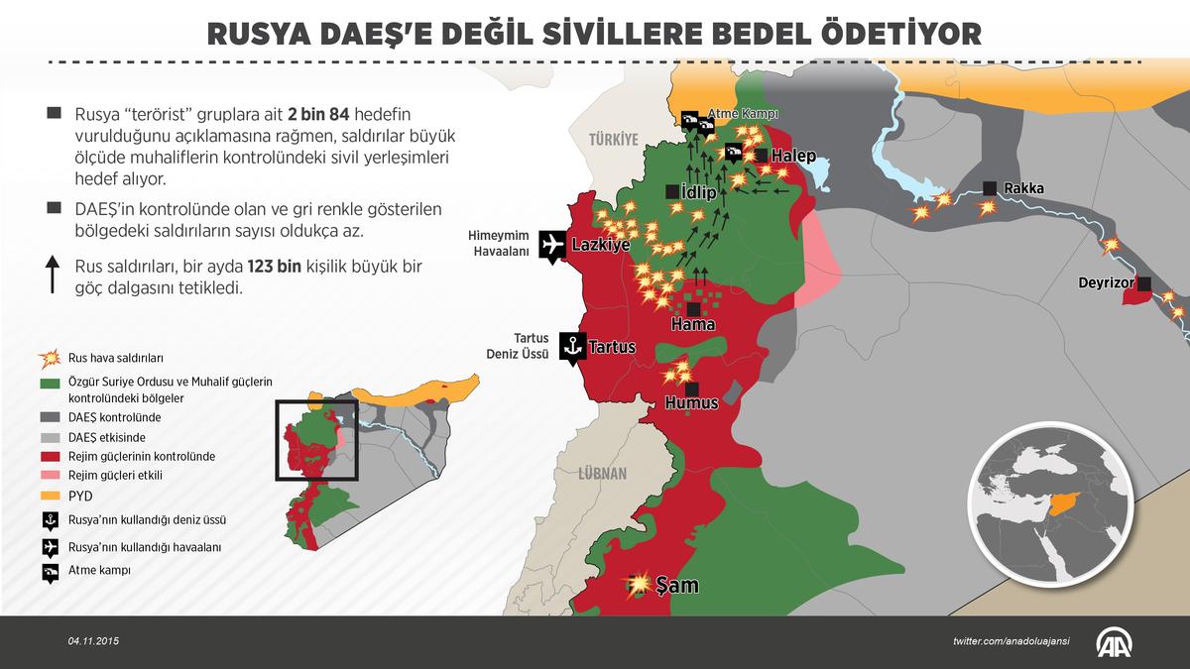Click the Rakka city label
(1023, 188)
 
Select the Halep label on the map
(793, 157)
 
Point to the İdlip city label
(698, 193)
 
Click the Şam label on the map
(678, 586)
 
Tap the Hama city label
(692, 324)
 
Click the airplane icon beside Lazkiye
(552, 245)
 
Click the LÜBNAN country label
(604, 474)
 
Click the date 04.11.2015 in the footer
(94, 642)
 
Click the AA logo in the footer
(1118, 642)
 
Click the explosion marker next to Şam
(641, 582)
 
